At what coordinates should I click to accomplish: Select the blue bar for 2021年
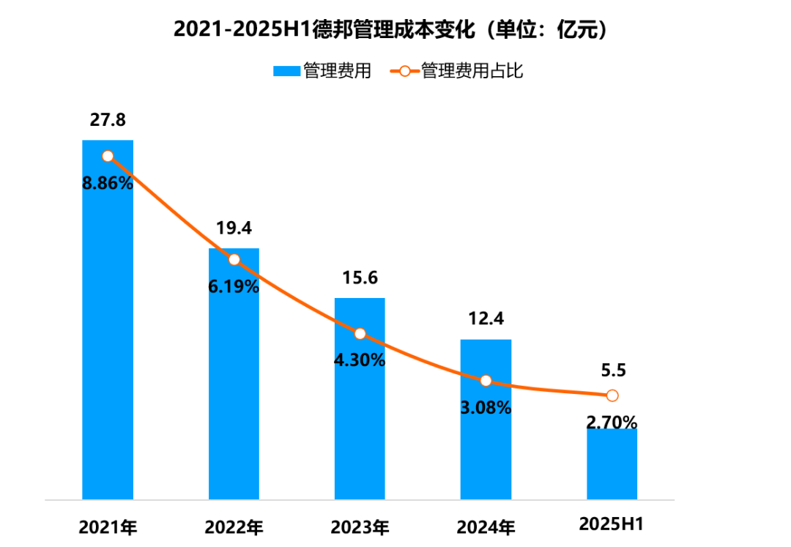(108, 330)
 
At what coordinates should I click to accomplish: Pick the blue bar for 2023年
(360, 410)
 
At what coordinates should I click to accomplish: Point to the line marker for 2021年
(108, 156)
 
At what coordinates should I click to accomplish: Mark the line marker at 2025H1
(612, 395)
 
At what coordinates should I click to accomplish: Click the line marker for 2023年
(360, 334)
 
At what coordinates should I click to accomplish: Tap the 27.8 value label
(108, 120)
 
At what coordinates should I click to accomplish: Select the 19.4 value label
(234, 228)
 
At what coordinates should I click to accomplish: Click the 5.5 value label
(612, 371)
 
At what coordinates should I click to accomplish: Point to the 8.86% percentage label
(108, 183)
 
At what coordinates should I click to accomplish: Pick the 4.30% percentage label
(360, 360)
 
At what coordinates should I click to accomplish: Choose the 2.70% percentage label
(612, 422)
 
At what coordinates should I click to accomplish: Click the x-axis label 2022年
(234, 526)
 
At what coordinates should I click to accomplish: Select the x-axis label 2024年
(486, 526)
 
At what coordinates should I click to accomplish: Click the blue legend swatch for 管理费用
(286, 71)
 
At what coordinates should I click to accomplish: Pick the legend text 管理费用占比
(472, 71)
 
